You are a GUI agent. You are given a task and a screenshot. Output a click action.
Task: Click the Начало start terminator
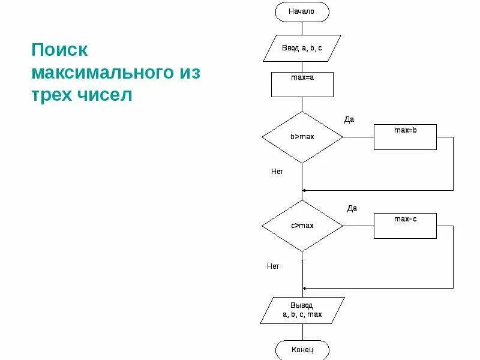click(x=302, y=11)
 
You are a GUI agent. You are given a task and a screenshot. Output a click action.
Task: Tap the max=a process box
click(x=302, y=85)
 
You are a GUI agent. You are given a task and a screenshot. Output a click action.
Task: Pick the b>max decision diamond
click(x=302, y=137)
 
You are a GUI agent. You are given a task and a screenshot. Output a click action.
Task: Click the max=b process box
click(x=405, y=137)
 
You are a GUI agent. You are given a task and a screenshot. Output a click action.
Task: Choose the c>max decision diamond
click(x=302, y=226)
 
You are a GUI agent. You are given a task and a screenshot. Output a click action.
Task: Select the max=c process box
click(x=405, y=226)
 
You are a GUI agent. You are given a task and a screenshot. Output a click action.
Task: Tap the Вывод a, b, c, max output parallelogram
click(x=302, y=310)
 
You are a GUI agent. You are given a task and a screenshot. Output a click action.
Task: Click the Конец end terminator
click(x=302, y=349)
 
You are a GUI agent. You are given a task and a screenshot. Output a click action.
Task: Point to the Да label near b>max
click(x=349, y=119)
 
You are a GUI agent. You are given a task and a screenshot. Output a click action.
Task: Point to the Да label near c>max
click(x=352, y=208)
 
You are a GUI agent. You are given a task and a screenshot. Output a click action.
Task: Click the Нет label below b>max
click(x=277, y=171)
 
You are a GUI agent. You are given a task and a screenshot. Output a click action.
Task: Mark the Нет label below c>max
click(x=273, y=266)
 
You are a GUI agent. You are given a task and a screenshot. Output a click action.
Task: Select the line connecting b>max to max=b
click(x=358, y=137)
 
